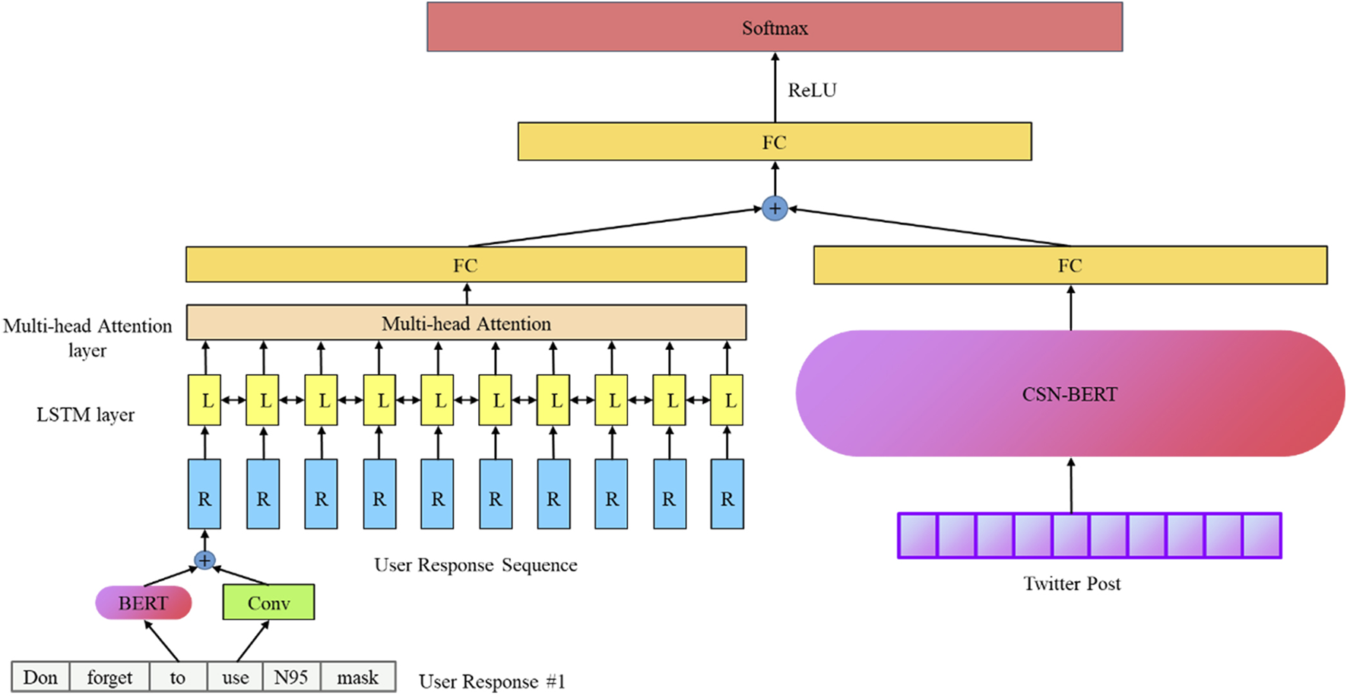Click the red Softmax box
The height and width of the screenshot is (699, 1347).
[774, 27]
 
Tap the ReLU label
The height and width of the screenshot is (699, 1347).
[812, 91]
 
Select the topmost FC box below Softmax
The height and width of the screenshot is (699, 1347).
[774, 142]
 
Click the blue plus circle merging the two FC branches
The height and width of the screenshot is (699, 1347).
[774, 208]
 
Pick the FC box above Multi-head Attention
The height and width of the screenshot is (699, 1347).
[465, 265]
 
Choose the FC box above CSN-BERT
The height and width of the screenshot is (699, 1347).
[1070, 265]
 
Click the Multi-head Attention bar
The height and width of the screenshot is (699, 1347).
[465, 323]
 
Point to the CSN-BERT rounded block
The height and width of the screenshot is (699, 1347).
[1070, 394]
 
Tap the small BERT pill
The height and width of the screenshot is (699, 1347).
[143, 603]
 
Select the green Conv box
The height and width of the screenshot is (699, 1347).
[268, 603]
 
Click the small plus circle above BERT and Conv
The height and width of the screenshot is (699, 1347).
[204, 561]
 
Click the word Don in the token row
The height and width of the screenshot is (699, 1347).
[40, 678]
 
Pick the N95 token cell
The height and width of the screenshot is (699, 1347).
[291, 678]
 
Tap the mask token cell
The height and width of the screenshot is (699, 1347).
[357, 678]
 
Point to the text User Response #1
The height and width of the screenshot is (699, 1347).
[492, 682]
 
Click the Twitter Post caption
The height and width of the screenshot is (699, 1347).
[1071, 584]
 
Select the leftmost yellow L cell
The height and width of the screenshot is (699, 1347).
[204, 400]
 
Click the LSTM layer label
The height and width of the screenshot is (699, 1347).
[85, 415]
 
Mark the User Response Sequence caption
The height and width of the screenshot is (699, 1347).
[475, 565]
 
